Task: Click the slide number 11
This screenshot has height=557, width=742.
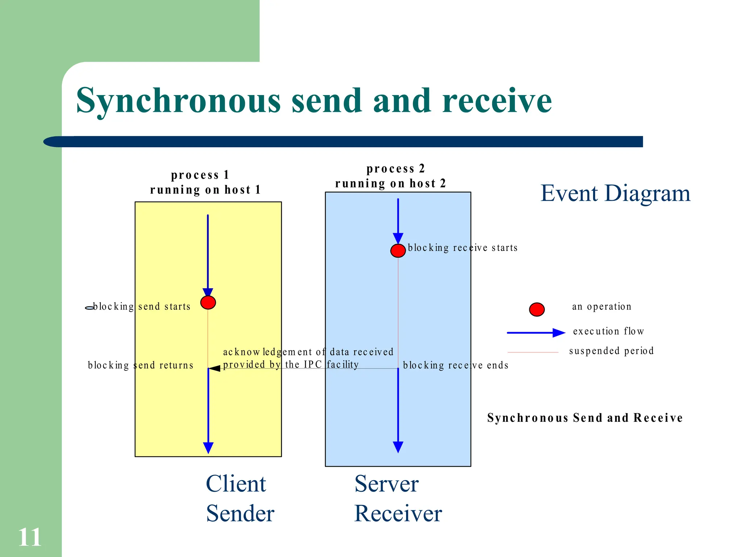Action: click(30, 537)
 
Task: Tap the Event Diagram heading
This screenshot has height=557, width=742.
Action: click(615, 193)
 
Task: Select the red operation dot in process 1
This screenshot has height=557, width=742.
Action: click(208, 302)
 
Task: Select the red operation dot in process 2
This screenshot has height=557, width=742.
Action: click(398, 251)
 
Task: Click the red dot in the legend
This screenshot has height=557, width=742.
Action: click(537, 309)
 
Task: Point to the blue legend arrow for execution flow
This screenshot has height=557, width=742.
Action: click(536, 333)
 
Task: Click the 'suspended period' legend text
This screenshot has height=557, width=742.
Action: click(611, 351)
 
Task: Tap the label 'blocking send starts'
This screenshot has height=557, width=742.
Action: click(141, 307)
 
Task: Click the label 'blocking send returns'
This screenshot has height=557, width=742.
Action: click(141, 365)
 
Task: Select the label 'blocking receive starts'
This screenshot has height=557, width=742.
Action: click(462, 248)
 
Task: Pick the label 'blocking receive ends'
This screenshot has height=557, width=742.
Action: click(455, 365)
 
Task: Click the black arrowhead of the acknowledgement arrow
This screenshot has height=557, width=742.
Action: click(215, 368)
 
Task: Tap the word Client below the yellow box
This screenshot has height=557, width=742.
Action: click(236, 484)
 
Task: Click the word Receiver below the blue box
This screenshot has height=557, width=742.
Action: click(398, 513)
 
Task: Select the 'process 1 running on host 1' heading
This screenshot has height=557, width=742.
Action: click(205, 183)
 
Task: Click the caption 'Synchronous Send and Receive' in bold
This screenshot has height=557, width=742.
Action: click(585, 418)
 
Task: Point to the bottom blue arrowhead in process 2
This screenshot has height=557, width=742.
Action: click(398, 447)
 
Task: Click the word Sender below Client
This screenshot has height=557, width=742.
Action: click(240, 513)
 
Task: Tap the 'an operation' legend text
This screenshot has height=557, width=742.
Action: click(601, 307)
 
